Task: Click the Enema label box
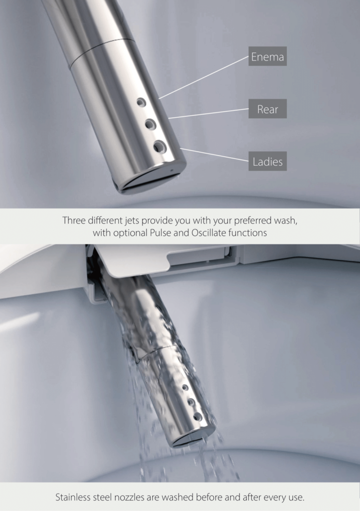(268, 56)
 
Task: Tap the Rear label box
(268, 108)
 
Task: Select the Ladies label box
(268, 161)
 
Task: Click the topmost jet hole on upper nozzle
(141, 103)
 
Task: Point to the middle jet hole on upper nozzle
(150, 124)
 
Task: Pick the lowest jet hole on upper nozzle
(160, 147)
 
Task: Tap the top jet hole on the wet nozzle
(185, 387)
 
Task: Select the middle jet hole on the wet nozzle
(191, 402)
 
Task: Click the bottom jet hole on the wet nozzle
(197, 417)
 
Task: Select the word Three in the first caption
(74, 220)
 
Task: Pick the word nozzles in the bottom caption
(119, 498)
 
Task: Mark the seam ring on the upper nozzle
(102, 52)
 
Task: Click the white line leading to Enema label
(204, 77)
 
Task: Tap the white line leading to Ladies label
(214, 155)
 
